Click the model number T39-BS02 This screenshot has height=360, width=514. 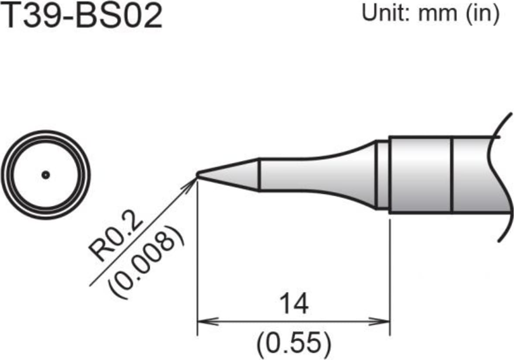(x=82, y=16)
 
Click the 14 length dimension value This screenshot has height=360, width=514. (x=293, y=304)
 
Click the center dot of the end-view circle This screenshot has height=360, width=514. (x=45, y=175)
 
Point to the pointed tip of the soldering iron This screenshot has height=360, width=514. (x=198, y=175)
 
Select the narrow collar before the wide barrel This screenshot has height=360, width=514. (x=382, y=175)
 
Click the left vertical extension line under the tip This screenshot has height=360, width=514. (x=198, y=262)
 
